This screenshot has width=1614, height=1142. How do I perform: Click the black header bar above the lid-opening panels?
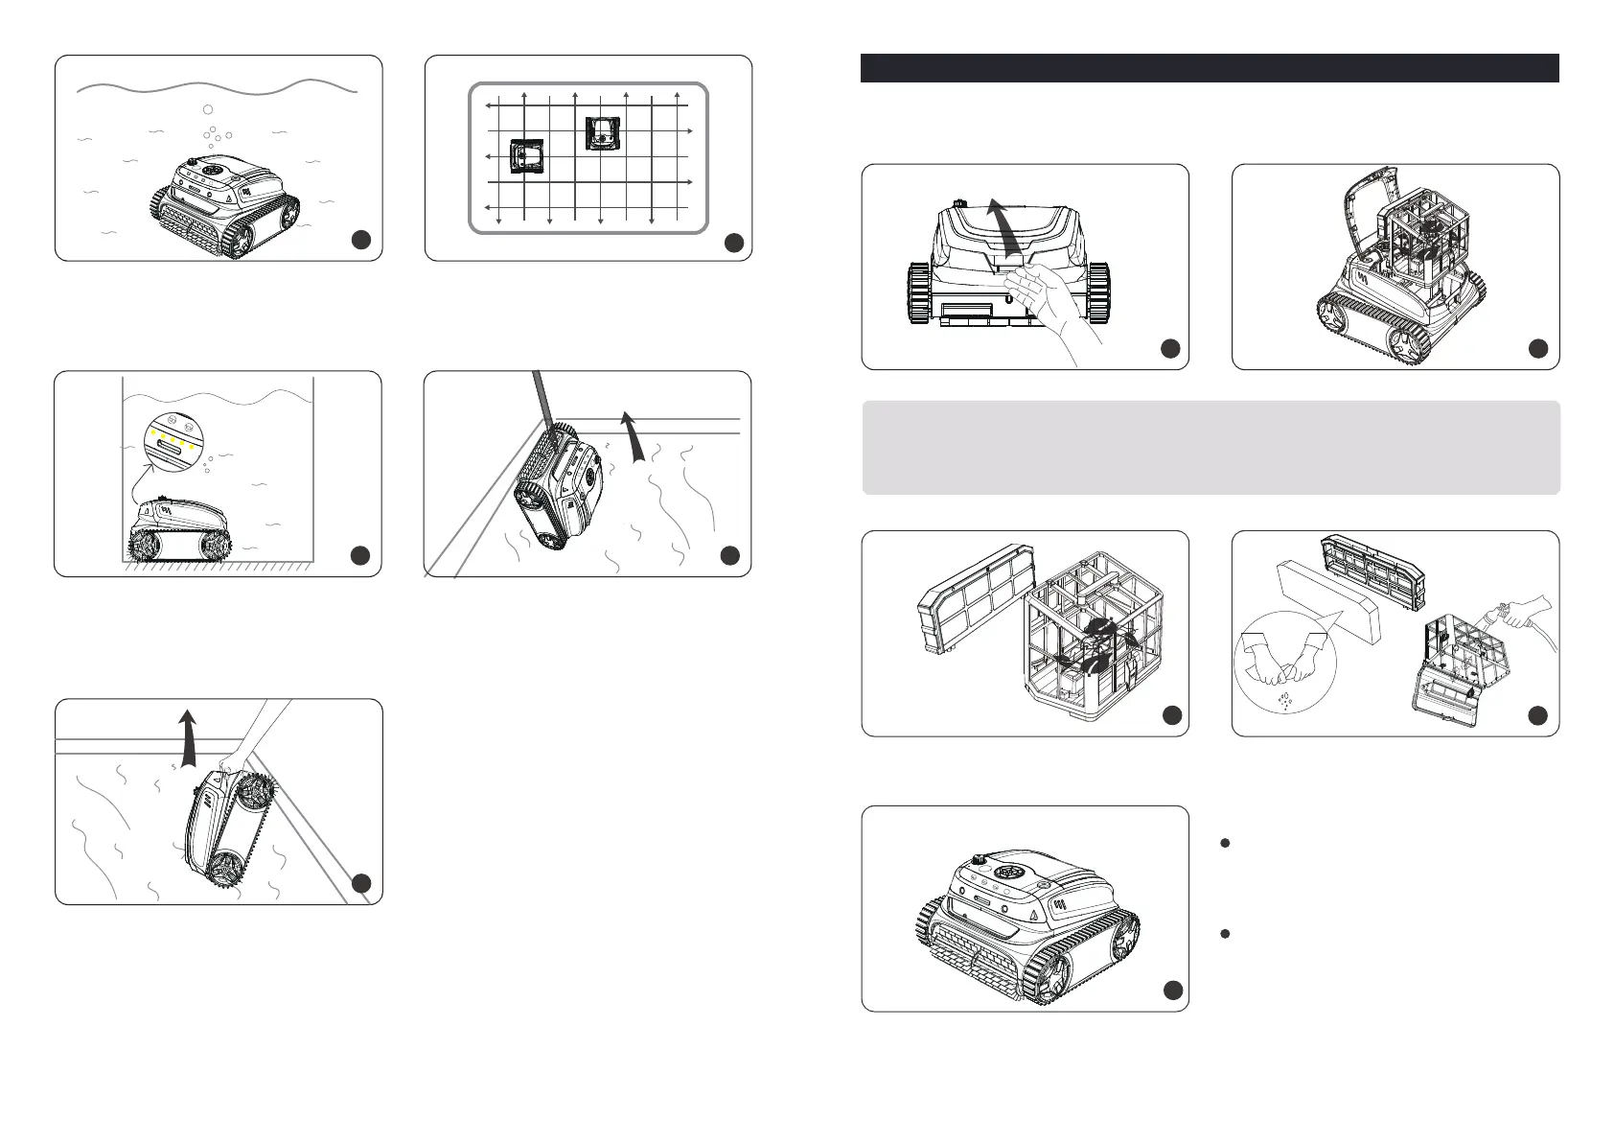(x=1210, y=68)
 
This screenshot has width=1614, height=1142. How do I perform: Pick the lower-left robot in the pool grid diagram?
(x=527, y=156)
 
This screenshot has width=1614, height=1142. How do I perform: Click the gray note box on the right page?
(x=1210, y=448)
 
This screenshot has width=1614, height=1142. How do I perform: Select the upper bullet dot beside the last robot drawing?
(x=1224, y=844)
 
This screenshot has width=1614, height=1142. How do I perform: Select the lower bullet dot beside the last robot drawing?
(x=1224, y=933)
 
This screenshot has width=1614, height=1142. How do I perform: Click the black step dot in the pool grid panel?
(x=732, y=243)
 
